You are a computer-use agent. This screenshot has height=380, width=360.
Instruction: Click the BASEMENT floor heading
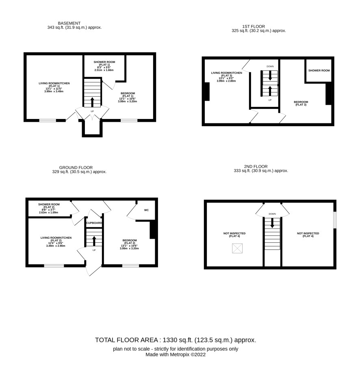(69, 23)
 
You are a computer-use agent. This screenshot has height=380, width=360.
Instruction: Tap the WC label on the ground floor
(146, 210)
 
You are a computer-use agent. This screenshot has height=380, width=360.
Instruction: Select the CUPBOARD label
(94, 223)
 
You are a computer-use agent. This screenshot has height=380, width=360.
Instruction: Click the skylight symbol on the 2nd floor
(237, 248)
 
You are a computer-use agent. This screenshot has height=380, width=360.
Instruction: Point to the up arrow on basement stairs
(92, 102)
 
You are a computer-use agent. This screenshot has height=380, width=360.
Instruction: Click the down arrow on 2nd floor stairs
(272, 223)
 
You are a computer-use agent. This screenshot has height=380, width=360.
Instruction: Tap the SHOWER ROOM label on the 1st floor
(319, 71)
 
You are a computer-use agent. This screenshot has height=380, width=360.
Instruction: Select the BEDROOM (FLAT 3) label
(301, 103)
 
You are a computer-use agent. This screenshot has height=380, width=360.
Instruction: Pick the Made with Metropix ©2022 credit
(176, 354)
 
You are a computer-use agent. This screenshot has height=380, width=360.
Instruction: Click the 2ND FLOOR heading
(256, 166)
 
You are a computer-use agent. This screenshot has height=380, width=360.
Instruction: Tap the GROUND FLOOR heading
(76, 167)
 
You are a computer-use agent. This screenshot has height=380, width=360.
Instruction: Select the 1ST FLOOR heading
(254, 26)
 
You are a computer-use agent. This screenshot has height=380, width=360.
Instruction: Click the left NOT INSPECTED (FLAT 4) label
(234, 235)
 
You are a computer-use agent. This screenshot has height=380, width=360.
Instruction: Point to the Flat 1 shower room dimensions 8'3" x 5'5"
(104, 67)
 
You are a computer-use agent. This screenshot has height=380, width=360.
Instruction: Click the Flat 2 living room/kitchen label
(56, 239)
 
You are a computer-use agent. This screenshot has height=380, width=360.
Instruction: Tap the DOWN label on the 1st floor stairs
(270, 67)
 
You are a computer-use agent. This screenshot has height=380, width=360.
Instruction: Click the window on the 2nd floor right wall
(335, 220)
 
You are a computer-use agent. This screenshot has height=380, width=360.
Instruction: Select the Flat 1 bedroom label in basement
(128, 95)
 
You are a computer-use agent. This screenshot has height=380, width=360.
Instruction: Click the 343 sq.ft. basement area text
(74, 28)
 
